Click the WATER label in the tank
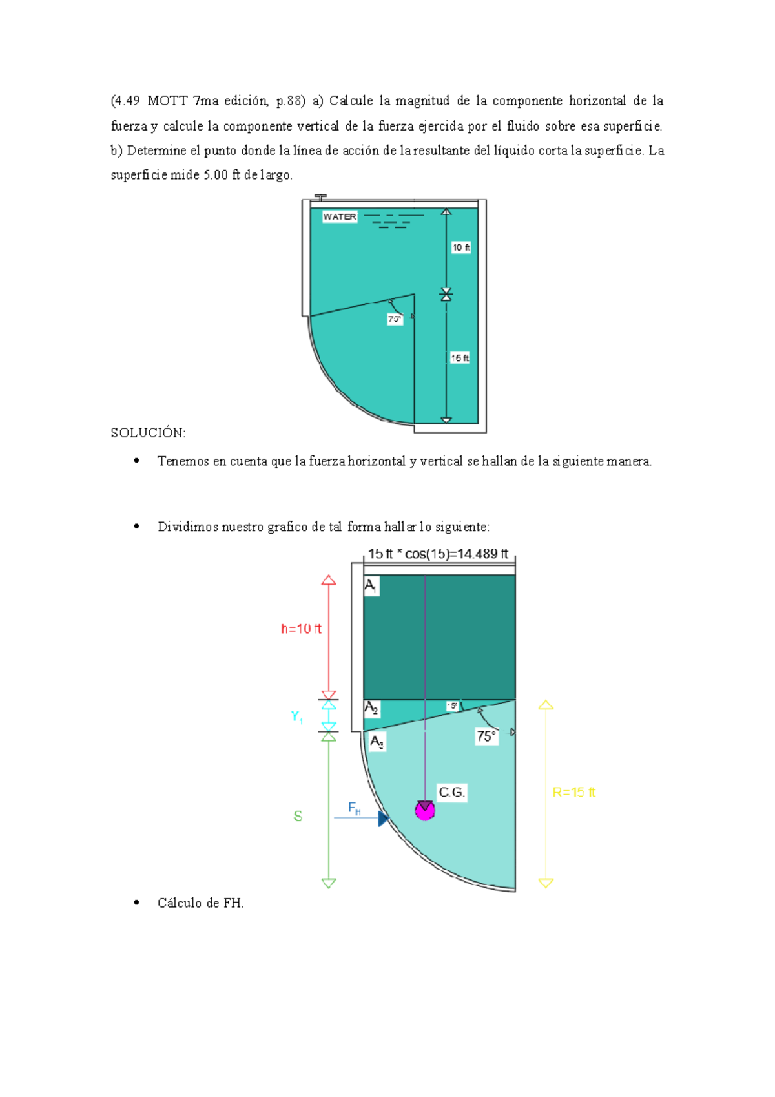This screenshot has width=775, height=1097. (x=340, y=217)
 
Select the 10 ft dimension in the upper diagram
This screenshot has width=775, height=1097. (x=460, y=247)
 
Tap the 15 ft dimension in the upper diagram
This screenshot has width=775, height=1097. (x=460, y=358)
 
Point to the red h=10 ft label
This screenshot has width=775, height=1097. (x=301, y=629)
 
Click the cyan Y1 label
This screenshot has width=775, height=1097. (x=297, y=716)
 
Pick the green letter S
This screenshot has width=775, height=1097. (x=298, y=817)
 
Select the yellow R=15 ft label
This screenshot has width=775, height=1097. (x=573, y=792)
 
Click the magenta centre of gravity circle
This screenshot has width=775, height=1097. (x=424, y=811)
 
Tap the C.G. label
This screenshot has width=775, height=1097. (x=451, y=792)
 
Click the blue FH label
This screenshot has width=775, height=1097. (x=354, y=808)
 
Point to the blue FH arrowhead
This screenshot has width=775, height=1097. (x=383, y=819)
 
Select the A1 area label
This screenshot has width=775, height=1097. (x=371, y=586)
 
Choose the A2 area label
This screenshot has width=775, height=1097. (x=371, y=708)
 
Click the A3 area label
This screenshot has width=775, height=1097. (x=377, y=742)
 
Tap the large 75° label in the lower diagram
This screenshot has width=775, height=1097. (x=486, y=737)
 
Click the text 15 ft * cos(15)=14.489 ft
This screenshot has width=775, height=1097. (x=439, y=554)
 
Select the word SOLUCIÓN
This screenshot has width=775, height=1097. (x=148, y=433)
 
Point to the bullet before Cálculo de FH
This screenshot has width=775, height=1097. (x=136, y=903)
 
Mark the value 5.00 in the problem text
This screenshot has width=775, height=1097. (x=216, y=175)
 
